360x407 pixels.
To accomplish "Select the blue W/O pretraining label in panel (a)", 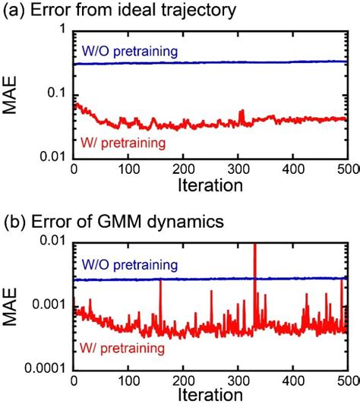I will coord(128,52).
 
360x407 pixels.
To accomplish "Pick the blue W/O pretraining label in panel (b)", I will coord(128,266).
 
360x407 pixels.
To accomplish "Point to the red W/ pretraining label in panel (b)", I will coord(122,348).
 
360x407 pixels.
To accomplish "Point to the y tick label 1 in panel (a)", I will coord(62,31).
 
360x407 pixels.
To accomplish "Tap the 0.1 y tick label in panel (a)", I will coord(54,94).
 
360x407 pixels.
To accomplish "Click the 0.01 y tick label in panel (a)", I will coord(50,157).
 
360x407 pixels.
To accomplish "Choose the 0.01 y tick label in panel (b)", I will coord(50,242).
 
